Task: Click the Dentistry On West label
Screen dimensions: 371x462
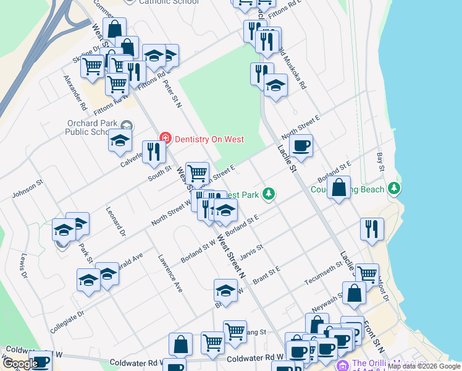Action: click(x=208, y=139)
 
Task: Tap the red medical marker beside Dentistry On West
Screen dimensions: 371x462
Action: click(x=165, y=139)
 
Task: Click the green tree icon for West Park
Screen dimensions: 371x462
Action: click(x=268, y=194)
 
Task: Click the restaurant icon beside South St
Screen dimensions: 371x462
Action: click(x=154, y=152)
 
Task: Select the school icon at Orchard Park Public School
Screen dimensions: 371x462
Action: click(x=120, y=140)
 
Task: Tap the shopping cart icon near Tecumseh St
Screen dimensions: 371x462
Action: click(x=367, y=274)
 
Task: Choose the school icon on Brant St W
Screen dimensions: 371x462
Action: click(x=226, y=291)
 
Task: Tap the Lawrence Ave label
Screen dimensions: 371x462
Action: click(x=170, y=273)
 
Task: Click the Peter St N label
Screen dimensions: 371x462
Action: click(x=172, y=93)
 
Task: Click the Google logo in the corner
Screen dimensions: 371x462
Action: click(x=20, y=364)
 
